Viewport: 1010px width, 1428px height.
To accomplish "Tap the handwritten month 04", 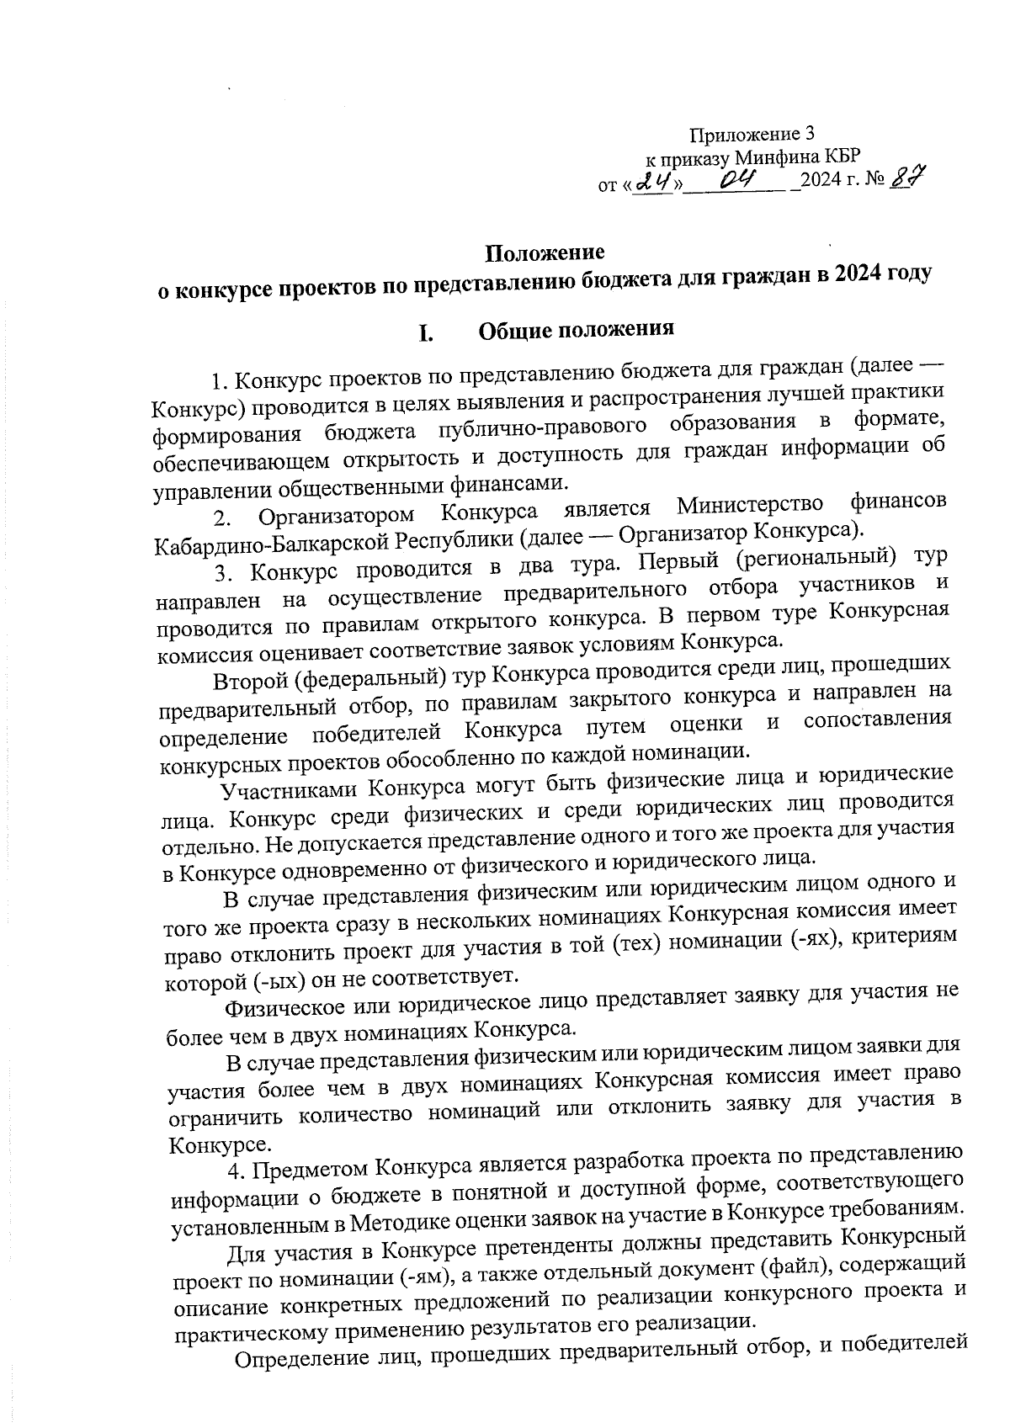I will click(x=736, y=178).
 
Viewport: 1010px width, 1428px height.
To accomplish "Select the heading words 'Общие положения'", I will click(x=577, y=329).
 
